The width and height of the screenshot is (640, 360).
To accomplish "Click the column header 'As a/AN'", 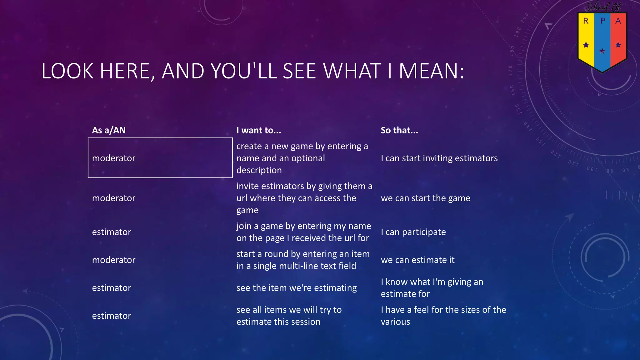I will [109, 130].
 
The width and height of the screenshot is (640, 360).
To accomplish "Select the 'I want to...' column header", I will [259, 130].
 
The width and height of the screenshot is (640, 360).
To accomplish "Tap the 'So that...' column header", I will [399, 130].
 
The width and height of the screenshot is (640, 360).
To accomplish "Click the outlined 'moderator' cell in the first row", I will [160, 158].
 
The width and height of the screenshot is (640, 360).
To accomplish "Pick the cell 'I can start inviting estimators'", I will [439, 158].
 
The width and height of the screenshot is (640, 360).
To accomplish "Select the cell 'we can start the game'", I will [425, 198].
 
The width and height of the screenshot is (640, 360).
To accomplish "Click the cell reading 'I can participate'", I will [413, 232].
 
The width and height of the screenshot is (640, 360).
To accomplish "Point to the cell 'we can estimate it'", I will [417, 260].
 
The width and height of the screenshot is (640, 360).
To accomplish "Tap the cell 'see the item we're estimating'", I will [296, 287].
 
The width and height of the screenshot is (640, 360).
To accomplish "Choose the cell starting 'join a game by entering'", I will [303, 232].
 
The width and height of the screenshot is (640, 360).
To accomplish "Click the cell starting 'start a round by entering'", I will [303, 260].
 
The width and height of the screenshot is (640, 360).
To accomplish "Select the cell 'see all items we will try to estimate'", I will [289, 316].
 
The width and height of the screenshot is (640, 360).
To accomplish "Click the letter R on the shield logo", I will [586, 21].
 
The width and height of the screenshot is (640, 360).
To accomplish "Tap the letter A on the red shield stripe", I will [618, 21].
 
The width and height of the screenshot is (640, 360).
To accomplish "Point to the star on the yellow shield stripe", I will [586, 45].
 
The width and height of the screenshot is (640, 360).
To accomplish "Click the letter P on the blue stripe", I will [603, 21].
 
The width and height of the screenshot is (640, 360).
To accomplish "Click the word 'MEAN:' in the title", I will [432, 71].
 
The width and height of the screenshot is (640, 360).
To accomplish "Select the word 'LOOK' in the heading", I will [67, 71].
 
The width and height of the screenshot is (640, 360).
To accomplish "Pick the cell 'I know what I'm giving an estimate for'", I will [432, 287].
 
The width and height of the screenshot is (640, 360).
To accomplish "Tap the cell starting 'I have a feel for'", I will [443, 316].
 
